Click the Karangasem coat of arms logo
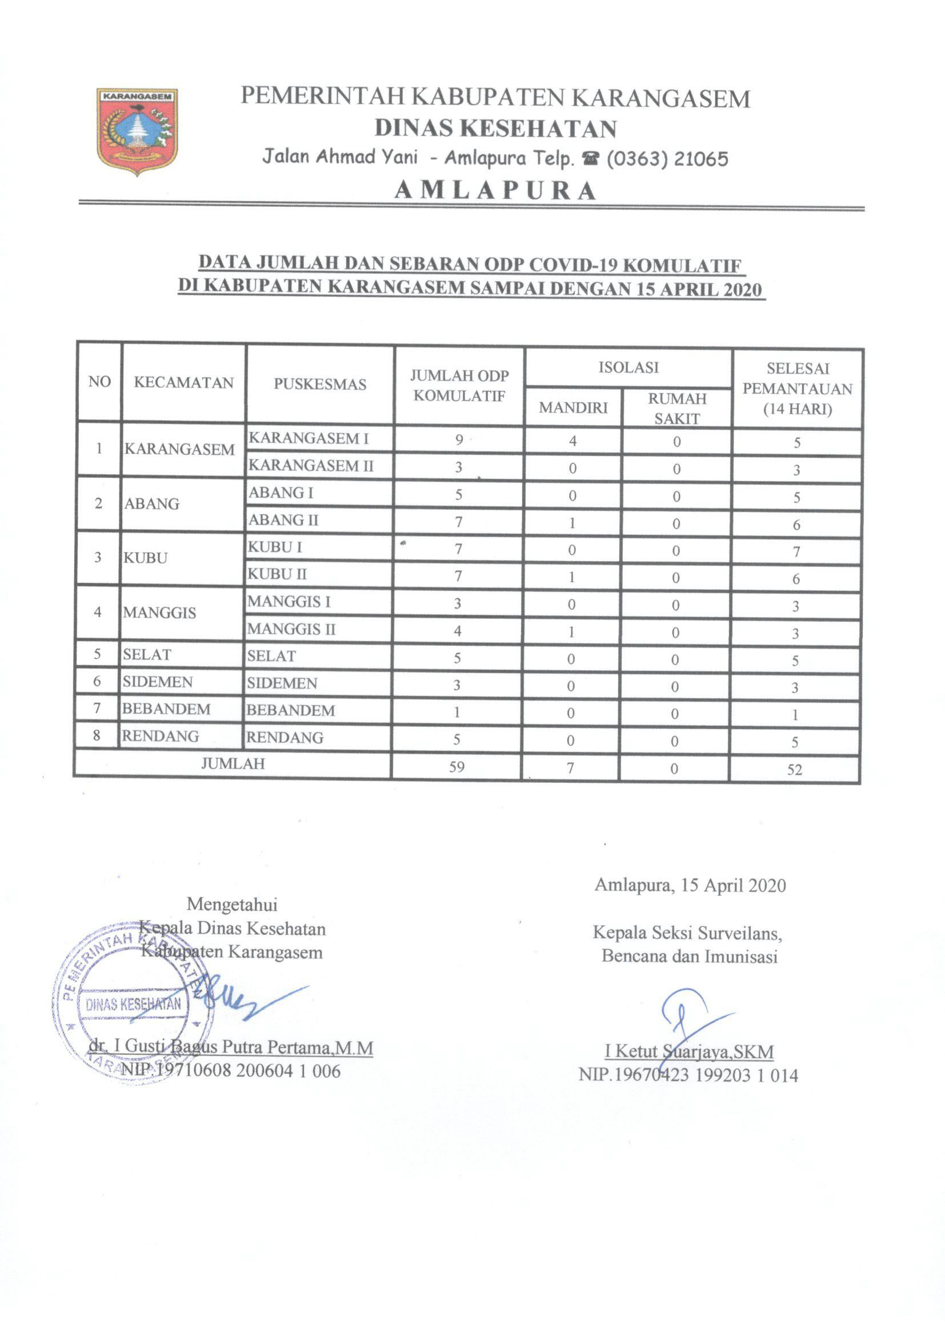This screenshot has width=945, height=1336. [x=137, y=131]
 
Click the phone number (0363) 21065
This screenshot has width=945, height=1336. [x=667, y=158]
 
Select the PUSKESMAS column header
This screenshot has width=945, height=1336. [x=320, y=384]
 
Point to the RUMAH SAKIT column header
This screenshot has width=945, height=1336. [x=676, y=409]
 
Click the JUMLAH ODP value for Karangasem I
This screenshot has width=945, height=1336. [x=459, y=440]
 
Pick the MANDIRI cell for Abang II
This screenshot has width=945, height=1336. [x=572, y=522]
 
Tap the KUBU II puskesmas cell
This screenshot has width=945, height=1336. [x=278, y=574]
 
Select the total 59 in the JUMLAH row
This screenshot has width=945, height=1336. [x=457, y=767]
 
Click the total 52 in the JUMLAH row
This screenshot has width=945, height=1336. [x=794, y=770]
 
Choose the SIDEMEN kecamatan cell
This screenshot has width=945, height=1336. [x=158, y=682]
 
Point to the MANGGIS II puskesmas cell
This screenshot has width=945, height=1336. [x=291, y=629]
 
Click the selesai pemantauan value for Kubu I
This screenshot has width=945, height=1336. [x=796, y=551]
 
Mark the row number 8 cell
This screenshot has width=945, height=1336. [x=97, y=735]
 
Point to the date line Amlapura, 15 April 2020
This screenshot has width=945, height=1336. [x=690, y=886]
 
